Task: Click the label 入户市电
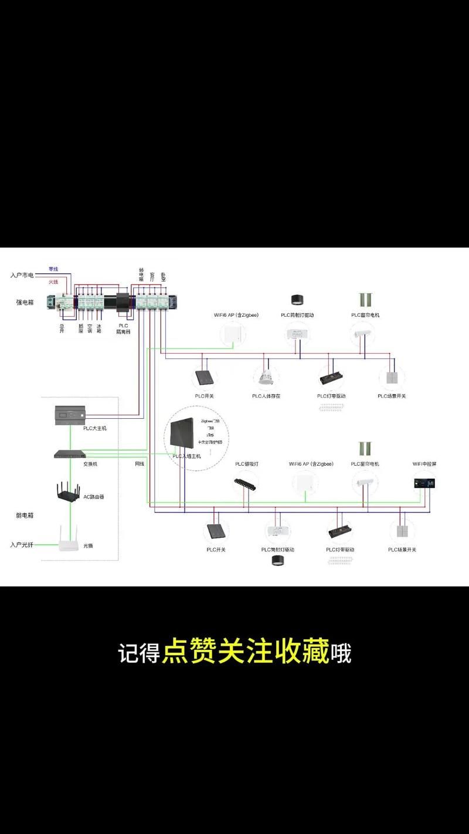coord(22,274)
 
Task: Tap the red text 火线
coord(53,282)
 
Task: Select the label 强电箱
coord(24,302)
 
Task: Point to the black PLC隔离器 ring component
coord(124,302)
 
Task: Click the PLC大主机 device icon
coord(70,414)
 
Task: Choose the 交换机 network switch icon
coord(70,453)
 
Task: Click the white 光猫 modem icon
coord(69,540)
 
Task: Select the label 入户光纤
coord(22,545)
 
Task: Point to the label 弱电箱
coord(24,516)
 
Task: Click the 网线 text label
coord(140,463)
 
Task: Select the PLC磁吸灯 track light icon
coord(246,484)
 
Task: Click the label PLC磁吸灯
coord(247,464)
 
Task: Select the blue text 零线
coord(53,269)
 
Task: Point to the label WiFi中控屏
coord(424,464)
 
